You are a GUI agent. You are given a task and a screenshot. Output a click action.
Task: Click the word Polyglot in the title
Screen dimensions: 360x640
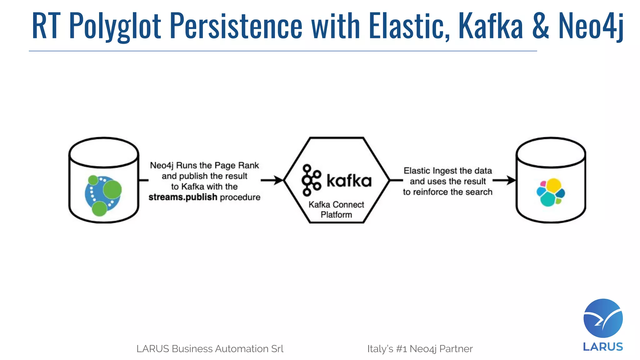[115, 26]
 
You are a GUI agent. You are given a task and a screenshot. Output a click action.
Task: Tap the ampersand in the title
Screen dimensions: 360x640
[540, 26]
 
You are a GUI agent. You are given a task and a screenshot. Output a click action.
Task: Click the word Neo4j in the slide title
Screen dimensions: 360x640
[591, 26]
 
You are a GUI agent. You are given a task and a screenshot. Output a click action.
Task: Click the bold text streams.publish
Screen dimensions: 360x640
[183, 197]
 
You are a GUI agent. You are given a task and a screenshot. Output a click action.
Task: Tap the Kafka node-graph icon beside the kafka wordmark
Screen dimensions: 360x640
[311, 180]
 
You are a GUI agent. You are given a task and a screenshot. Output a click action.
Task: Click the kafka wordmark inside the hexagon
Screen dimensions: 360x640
[349, 181]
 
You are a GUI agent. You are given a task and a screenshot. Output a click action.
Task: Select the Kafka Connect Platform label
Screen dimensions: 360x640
[336, 209]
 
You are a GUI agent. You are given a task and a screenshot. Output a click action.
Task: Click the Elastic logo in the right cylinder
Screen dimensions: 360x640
[551, 192]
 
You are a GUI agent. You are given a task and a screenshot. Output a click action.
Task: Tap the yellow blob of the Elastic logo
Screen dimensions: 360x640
[553, 185]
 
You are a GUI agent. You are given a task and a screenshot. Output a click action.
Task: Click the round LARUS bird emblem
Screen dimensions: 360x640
[603, 318]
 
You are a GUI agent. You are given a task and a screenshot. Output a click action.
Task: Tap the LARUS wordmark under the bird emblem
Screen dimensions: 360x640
[603, 347]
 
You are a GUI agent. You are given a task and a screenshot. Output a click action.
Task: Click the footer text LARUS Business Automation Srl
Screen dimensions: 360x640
[210, 349]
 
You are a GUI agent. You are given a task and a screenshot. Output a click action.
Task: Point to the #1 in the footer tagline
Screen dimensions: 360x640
[401, 349]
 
